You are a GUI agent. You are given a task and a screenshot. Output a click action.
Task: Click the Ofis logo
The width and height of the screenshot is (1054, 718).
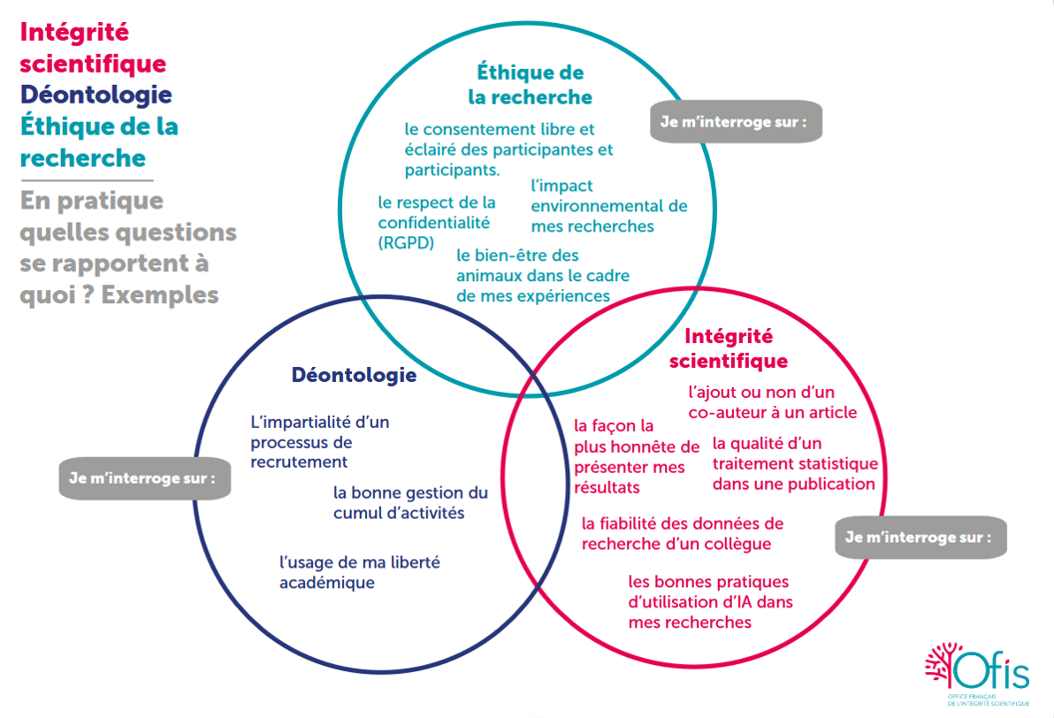976,674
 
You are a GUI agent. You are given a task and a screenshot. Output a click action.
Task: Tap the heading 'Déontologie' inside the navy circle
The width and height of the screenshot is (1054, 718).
353,376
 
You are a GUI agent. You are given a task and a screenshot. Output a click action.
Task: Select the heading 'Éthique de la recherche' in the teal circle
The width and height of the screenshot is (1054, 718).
529,85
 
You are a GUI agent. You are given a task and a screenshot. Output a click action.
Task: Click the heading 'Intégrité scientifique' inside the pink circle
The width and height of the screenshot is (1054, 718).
728,348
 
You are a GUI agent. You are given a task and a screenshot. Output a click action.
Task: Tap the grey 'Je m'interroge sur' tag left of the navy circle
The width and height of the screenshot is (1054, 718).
144,478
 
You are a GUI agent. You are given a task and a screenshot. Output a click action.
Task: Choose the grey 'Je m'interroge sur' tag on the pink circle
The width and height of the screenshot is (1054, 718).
918,537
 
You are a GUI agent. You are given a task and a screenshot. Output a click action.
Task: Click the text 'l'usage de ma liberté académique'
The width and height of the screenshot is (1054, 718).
359,572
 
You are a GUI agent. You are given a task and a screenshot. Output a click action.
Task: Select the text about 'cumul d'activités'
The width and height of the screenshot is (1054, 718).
410,503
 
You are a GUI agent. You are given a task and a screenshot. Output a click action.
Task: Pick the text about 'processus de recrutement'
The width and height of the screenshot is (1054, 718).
319,442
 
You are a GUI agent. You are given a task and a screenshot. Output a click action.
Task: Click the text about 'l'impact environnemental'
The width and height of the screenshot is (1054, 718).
608,205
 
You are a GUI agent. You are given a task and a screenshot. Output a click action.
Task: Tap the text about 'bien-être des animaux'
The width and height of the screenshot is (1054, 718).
542,275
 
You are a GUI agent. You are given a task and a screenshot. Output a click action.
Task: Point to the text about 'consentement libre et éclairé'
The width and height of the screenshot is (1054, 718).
508,149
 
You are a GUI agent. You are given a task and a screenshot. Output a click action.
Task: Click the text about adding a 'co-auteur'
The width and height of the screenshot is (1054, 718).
772,402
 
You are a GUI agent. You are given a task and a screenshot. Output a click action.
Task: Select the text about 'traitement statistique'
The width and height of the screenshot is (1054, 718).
794,464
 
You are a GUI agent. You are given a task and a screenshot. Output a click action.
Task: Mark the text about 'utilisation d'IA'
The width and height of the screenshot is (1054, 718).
709,601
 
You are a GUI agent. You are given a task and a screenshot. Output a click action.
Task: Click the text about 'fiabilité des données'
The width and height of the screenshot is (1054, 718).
682,534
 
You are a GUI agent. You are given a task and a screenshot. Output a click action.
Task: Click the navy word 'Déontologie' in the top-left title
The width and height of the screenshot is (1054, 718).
96,95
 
